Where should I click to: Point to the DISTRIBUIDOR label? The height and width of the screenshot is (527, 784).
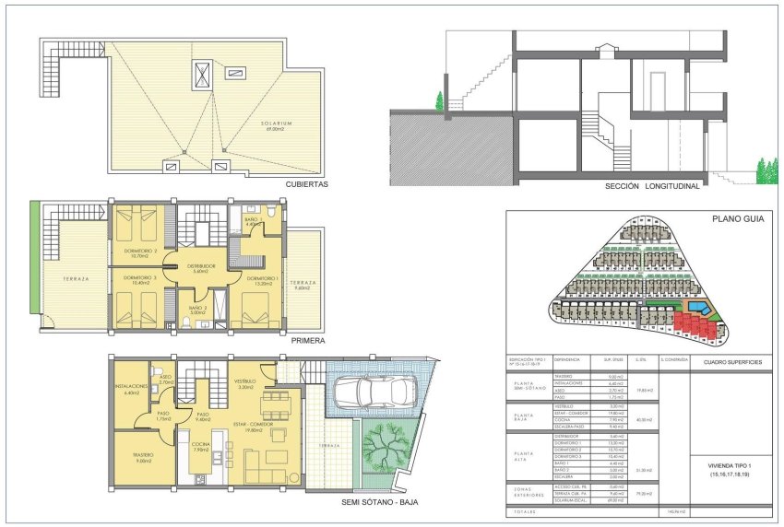(x=199, y=266)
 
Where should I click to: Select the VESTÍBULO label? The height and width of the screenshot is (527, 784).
(x=244, y=380)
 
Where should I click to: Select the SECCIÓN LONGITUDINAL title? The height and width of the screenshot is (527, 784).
(x=652, y=184)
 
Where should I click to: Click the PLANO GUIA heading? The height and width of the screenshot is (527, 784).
(x=734, y=219)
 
